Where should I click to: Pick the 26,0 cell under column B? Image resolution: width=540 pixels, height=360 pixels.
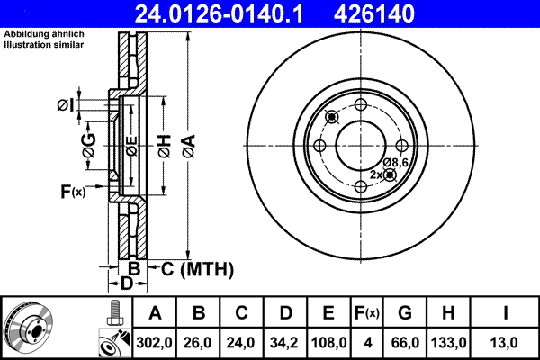click(x=198, y=343)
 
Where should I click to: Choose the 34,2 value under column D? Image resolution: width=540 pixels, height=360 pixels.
click(x=285, y=343)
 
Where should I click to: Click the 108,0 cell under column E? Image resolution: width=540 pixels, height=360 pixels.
click(x=328, y=343)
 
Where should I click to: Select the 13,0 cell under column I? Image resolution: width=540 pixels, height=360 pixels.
click(x=508, y=343)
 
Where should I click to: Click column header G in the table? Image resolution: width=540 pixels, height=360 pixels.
click(x=405, y=314)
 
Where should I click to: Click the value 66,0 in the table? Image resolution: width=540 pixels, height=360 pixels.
click(x=405, y=343)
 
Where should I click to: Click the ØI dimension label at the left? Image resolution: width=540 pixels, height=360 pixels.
click(x=65, y=106)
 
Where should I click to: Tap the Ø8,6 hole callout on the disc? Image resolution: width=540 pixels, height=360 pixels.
click(x=396, y=162)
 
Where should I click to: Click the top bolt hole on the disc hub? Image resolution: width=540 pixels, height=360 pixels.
click(x=361, y=104)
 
